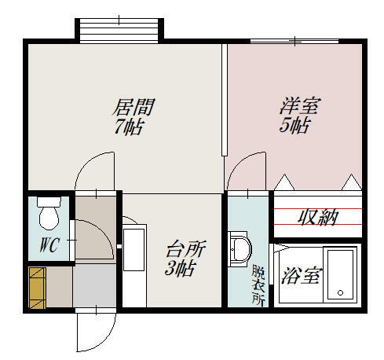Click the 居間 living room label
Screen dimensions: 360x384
pos(133,106)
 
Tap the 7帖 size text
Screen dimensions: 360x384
pos(128,127)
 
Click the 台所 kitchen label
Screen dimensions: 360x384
pos(186,251)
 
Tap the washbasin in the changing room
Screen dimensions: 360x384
pos(239,250)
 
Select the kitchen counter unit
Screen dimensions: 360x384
pos(134,264)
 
